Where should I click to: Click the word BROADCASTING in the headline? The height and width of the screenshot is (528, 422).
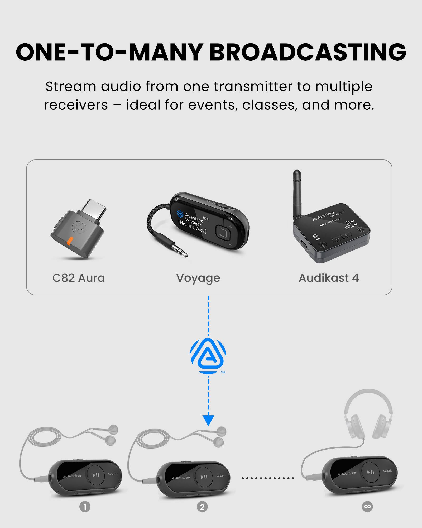(308, 52)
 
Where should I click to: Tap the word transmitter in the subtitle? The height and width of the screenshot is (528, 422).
(253, 86)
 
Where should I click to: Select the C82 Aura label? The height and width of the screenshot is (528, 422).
(79, 278)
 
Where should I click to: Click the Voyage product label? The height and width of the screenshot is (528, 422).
(198, 278)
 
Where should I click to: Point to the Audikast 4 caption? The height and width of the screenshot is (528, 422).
(329, 278)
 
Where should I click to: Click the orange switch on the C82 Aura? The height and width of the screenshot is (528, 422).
(70, 241)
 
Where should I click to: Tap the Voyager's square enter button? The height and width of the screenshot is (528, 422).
(223, 232)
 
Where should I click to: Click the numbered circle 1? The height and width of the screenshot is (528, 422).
(85, 507)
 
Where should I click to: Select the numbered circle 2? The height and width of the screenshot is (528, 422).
(202, 507)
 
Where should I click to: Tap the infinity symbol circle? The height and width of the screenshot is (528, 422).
(367, 506)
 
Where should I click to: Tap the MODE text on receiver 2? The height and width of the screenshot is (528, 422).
(220, 476)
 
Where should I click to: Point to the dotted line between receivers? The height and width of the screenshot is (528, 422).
(267, 478)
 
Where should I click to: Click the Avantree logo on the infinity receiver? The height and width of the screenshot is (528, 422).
(347, 474)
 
